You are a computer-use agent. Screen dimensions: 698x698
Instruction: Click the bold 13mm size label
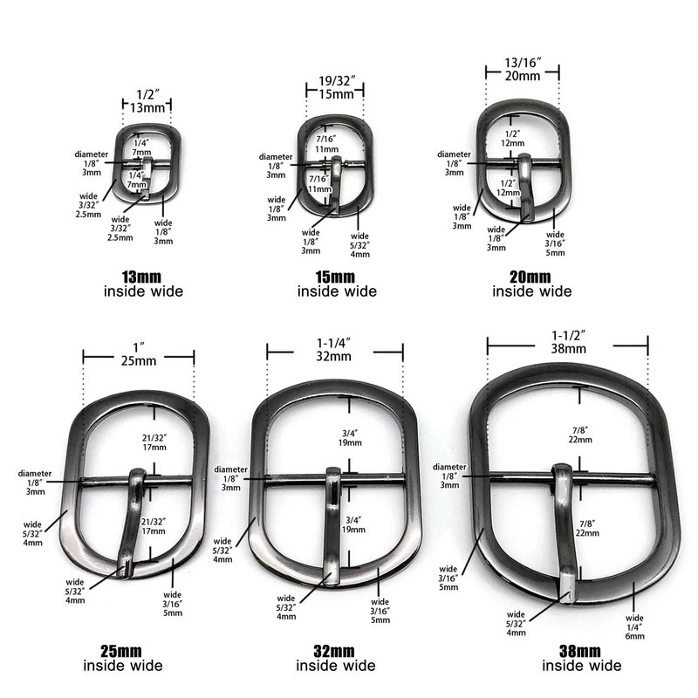click(143, 277)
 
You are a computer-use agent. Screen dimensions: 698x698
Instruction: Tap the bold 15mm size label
click(337, 277)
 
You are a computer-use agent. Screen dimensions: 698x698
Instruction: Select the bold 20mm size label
click(531, 277)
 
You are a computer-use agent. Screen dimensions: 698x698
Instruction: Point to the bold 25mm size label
click(123, 651)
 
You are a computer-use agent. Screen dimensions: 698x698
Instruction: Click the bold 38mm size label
click(581, 651)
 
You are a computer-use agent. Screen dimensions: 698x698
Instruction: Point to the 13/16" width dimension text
click(523, 68)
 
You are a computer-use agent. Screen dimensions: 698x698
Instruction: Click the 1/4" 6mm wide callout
click(634, 626)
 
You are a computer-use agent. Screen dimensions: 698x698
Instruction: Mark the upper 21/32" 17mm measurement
click(153, 441)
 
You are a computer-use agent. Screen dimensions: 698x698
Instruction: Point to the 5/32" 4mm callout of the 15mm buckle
click(360, 245)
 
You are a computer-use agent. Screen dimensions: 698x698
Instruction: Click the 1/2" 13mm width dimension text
click(146, 100)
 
